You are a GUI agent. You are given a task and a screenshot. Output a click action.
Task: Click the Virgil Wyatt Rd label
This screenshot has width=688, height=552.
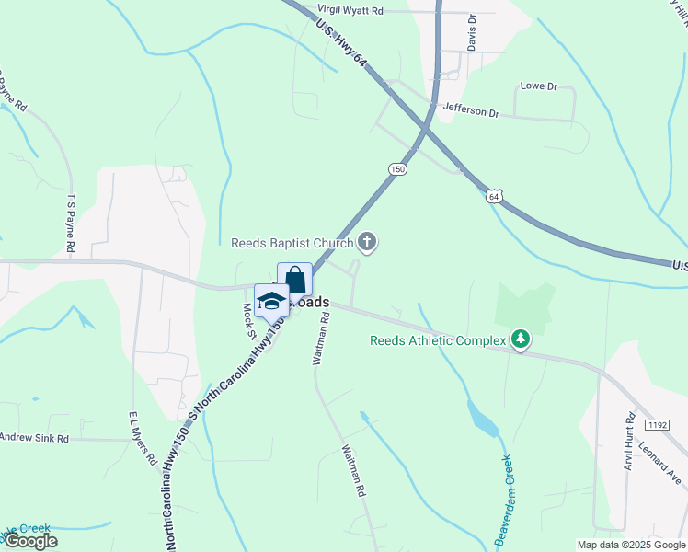(x=350, y=10)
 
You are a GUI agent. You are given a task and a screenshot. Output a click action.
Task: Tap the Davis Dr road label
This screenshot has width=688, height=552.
(x=471, y=32)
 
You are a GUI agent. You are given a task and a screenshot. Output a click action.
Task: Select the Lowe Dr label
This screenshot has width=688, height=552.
(x=539, y=86)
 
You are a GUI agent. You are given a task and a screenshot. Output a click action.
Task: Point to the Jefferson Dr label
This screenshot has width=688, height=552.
(x=470, y=112)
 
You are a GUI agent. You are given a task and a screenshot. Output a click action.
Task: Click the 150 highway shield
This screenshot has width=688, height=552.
(x=396, y=169)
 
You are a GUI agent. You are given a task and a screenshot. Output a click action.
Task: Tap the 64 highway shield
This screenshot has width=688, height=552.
(x=495, y=196)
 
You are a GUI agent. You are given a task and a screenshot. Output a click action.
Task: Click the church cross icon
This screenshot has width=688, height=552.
(x=367, y=242)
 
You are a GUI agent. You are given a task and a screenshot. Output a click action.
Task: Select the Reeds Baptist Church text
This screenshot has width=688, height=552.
(x=292, y=243)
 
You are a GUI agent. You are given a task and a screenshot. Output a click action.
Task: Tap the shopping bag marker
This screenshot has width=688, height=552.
(x=294, y=280)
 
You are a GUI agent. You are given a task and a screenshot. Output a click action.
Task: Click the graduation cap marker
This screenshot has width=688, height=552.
(x=271, y=300)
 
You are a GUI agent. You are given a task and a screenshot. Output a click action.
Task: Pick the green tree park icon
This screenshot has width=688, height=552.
(x=521, y=340)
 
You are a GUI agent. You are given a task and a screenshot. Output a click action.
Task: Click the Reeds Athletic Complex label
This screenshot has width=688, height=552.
(x=438, y=340)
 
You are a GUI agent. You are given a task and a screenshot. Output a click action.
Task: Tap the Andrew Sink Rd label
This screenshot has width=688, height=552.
(x=35, y=438)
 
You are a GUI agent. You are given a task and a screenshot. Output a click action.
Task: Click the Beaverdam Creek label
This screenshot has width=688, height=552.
(x=507, y=486)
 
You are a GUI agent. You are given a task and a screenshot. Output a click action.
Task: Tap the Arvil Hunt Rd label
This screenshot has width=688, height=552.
(x=630, y=443)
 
